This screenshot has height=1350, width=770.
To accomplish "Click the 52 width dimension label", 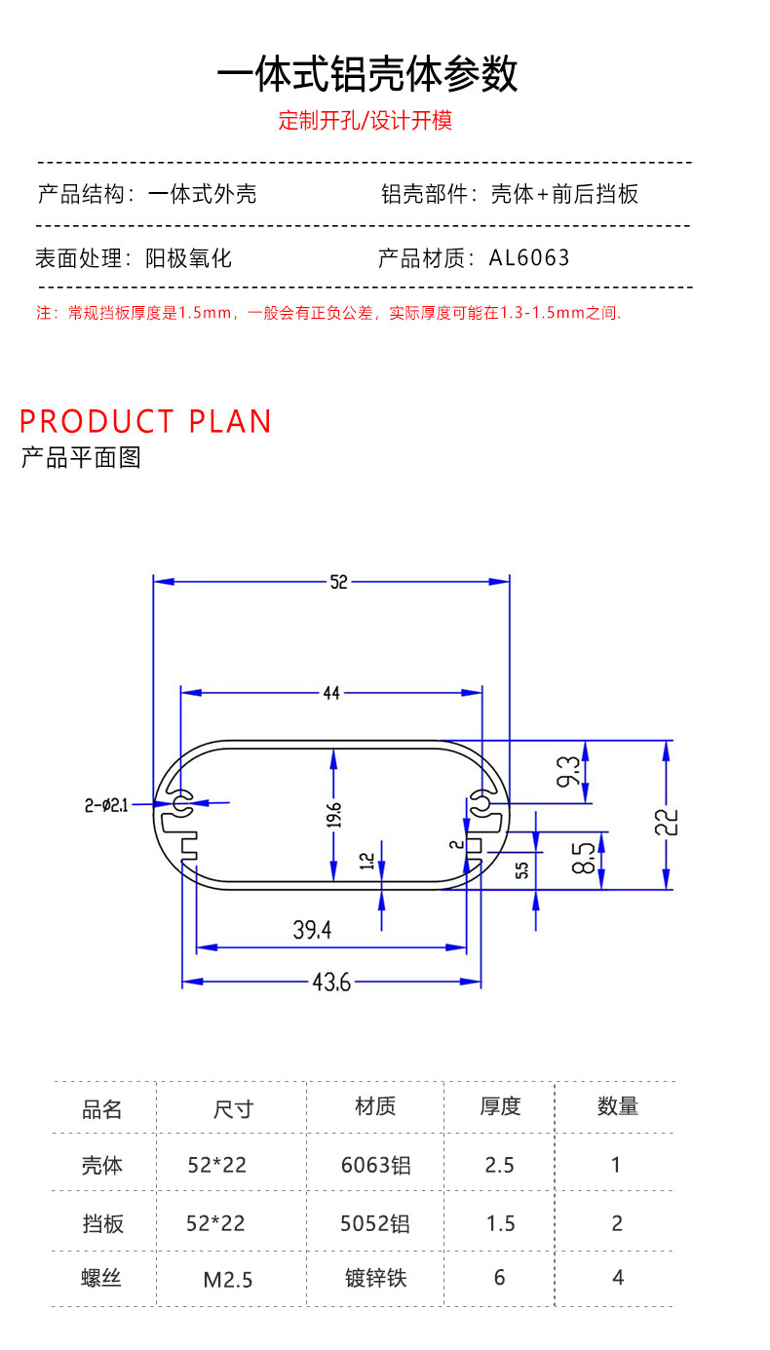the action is pyautogui.click(x=338, y=582).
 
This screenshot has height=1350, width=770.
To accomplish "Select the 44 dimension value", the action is pyautogui.click(x=331, y=693).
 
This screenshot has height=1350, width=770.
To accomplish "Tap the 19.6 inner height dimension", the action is pyautogui.click(x=334, y=815).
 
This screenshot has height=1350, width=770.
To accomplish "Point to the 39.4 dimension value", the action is pyautogui.click(x=312, y=930).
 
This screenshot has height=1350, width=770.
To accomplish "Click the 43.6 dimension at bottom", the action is pyautogui.click(x=331, y=983).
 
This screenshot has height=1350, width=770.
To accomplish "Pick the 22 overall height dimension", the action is pyautogui.click(x=667, y=823).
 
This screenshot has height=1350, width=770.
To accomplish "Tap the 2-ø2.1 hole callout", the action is pyautogui.click(x=106, y=805).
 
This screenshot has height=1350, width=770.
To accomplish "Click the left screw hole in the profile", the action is pyautogui.click(x=179, y=803).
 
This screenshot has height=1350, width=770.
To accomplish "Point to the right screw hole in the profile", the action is pyautogui.click(x=481, y=803).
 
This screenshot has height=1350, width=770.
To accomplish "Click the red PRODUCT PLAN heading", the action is pyautogui.click(x=145, y=421).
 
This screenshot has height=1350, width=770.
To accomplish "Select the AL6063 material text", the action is pyautogui.click(x=529, y=258).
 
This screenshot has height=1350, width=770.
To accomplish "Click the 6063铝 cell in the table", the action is pyautogui.click(x=375, y=1165).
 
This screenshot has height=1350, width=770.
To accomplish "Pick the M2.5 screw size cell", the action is pyautogui.click(x=228, y=1279).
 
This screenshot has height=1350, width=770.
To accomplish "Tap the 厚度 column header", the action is pyautogui.click(x=500, y=1106).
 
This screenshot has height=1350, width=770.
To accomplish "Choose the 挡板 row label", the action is pyautogui.click(x=103, y=1223).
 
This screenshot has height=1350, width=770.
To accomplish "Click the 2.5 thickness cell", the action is pyautogui.click(x=499, y=1165).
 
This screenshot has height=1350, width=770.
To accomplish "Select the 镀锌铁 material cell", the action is pyautogui.click(x=376, y=1278).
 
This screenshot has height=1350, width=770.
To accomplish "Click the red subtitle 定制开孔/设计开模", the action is pyautogui.click(x=366, y=121).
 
